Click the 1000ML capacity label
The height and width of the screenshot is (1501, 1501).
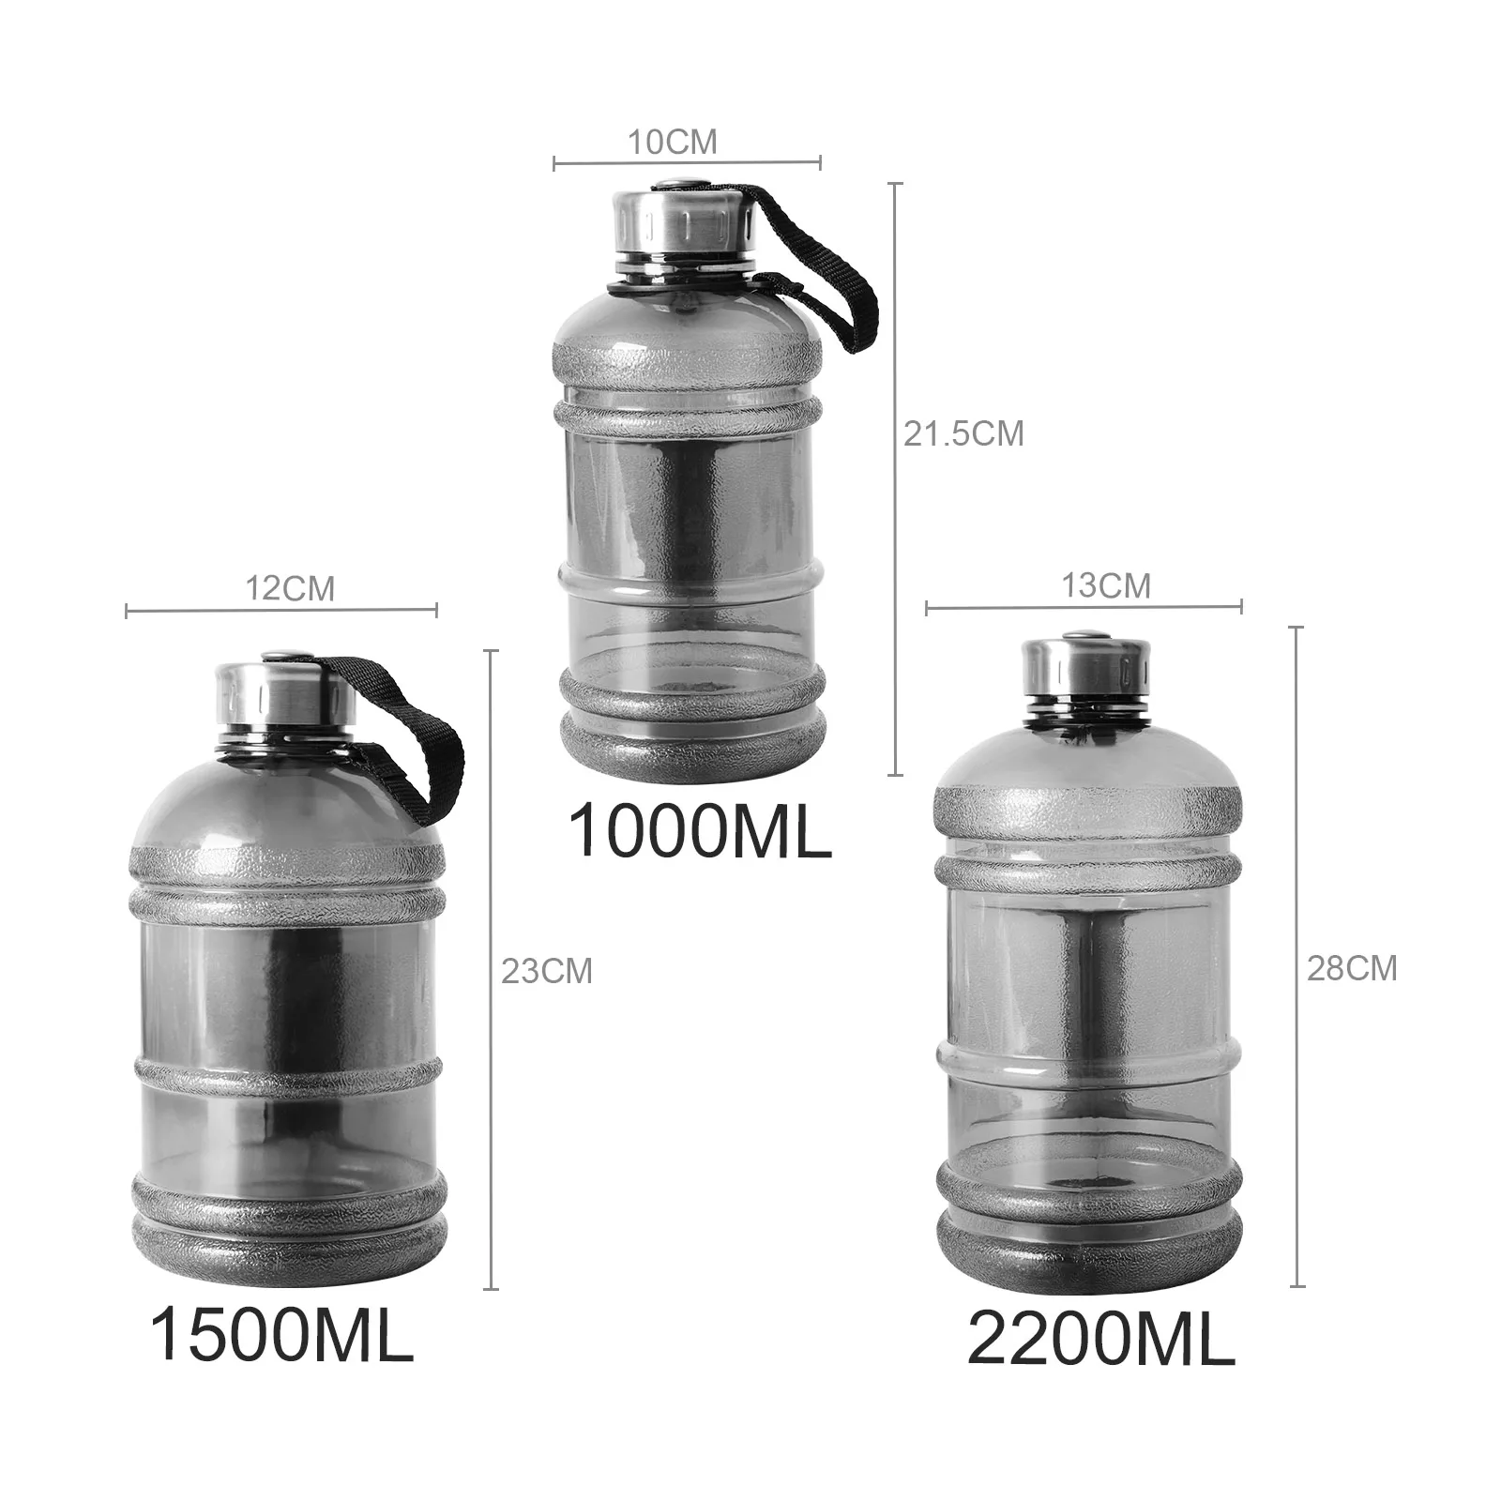pos(700,830)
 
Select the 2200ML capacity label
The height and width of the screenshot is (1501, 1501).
pos(1100,1340)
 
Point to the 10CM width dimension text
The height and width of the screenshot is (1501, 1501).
pos(672,143)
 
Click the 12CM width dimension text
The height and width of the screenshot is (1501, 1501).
pos(290,589)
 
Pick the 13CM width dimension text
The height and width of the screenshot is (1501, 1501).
pos(1105,585)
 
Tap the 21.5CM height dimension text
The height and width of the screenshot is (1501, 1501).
pos(963,433)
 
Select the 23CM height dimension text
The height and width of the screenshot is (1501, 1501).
pos(547,971)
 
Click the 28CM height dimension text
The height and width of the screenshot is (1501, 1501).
pos(1352,968)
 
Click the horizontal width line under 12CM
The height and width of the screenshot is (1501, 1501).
pos(281,611)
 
